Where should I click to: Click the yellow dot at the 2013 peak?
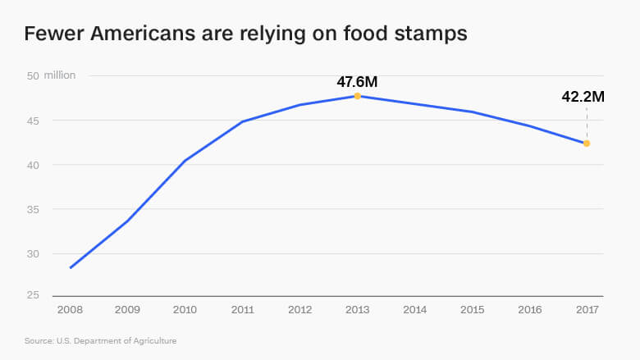(358, 96)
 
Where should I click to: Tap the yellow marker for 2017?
(587, 144)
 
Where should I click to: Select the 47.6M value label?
(357, 81)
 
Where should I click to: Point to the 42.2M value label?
(583, 97)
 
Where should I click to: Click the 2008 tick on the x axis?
(71, 310)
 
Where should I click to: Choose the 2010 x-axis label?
(185, 310)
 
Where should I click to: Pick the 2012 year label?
(300, 310)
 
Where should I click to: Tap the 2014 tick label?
(415, 310)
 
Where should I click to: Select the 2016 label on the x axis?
(529, 310)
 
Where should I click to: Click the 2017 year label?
(587, 310)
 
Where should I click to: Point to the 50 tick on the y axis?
(33, 75)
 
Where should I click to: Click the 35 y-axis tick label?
(33, 209)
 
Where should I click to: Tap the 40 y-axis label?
(33, 165)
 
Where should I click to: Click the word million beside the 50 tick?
(60, 75)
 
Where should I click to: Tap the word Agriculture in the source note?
(155, 340)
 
